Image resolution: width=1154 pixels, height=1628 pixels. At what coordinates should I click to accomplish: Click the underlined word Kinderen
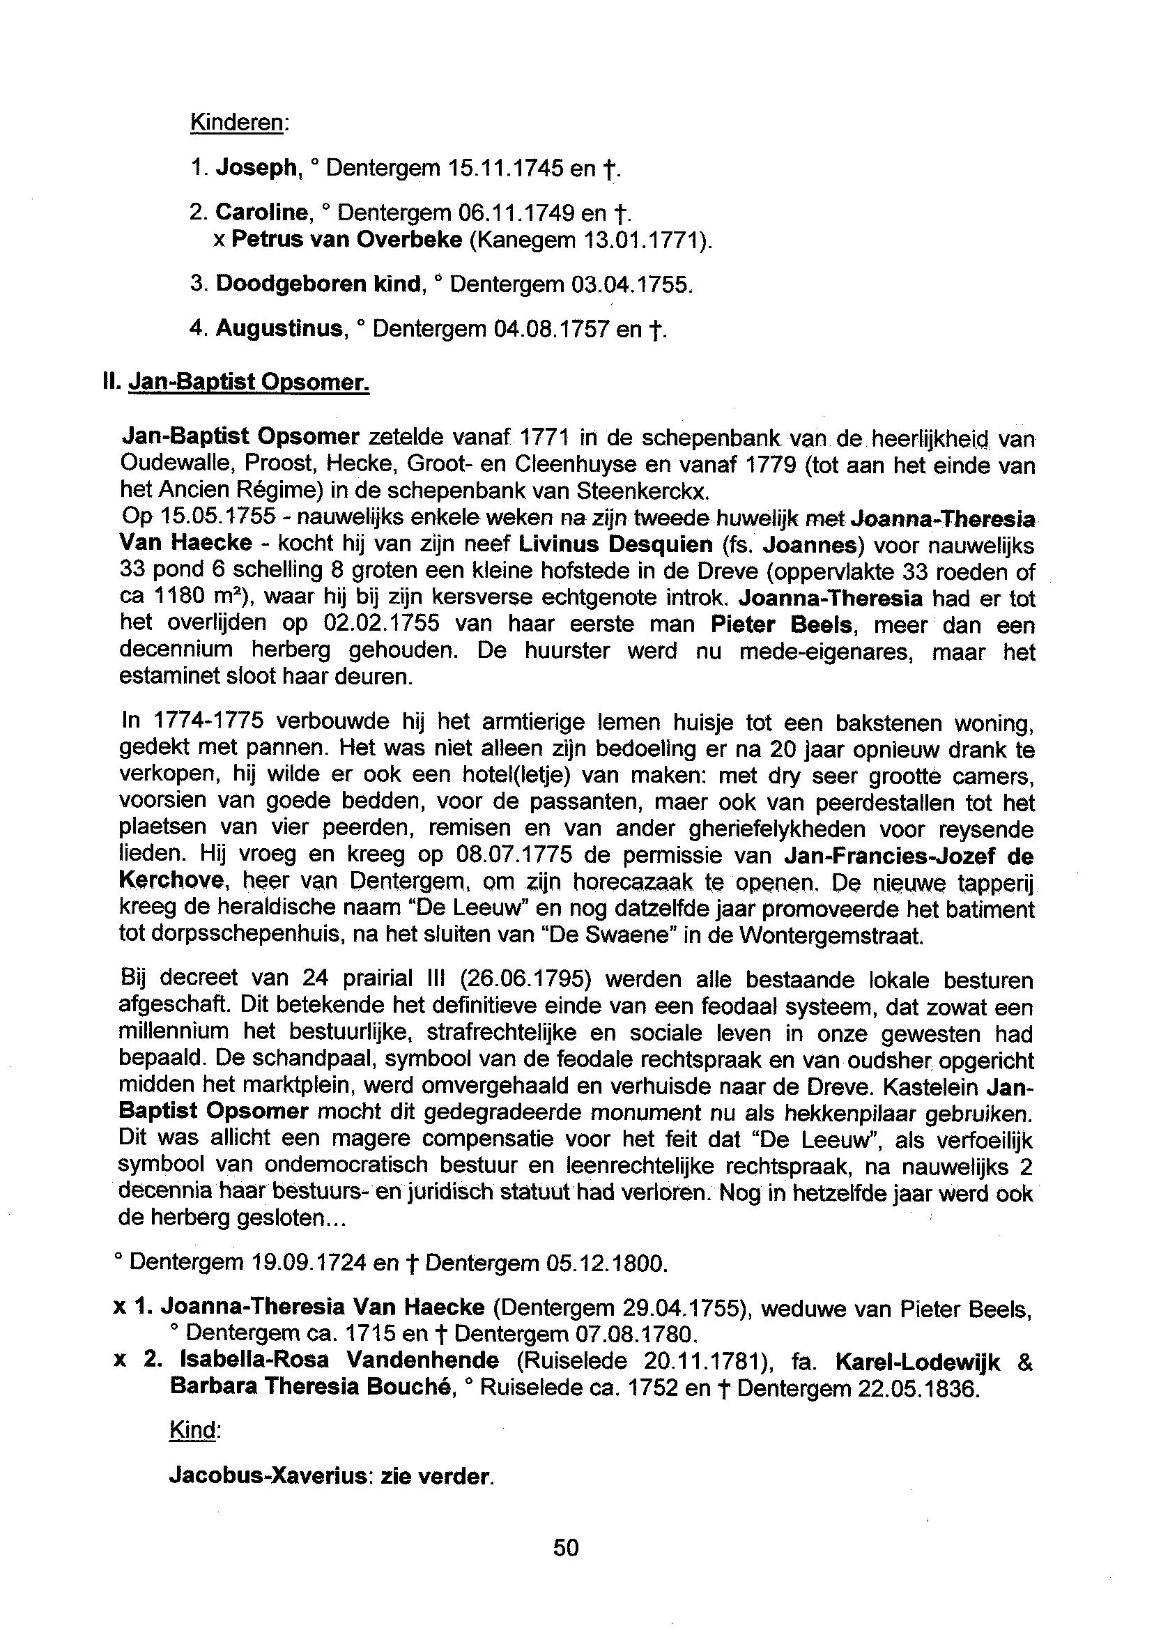(x=238, y=122)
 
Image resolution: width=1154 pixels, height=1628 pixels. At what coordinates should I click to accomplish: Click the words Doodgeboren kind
(x=318, y=284)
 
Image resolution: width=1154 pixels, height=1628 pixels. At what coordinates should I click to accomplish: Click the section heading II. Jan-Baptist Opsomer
(x=237, y=383)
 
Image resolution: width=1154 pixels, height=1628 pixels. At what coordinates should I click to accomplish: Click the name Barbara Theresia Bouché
(x=311, y=1387)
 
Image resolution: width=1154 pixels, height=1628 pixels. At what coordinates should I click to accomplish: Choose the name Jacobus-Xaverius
(x=267, y=1477)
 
